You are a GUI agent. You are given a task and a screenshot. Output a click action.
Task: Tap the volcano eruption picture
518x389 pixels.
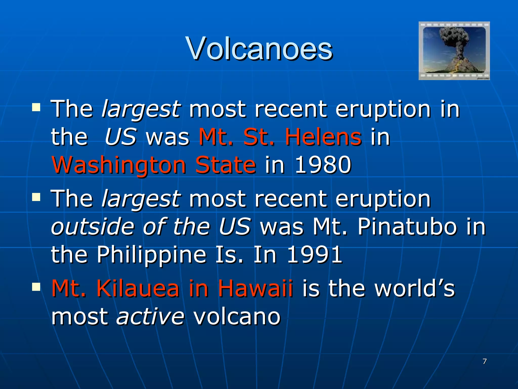pos(454,51)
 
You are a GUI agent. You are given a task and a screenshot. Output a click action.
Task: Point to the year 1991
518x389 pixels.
pos(315,254)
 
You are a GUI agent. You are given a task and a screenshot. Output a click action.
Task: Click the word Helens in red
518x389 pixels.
pos(323,137)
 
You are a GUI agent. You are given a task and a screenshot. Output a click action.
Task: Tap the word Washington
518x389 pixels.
pos(119,165)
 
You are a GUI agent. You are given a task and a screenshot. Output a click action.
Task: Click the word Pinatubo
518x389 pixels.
pos(407,226)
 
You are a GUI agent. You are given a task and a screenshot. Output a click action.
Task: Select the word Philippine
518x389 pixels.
pos(152,255)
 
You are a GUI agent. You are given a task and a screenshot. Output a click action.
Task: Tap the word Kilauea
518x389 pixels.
pos(138,288)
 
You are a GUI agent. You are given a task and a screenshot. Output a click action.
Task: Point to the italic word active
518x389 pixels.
pos(150,316)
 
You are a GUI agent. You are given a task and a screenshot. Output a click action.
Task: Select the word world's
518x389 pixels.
pos(415,288)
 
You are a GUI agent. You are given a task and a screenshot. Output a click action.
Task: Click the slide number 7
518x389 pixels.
pos(485,361)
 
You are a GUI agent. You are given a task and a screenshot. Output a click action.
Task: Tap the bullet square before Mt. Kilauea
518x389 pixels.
pos(36,287)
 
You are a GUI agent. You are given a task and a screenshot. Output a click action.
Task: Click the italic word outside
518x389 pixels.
pos(93,226)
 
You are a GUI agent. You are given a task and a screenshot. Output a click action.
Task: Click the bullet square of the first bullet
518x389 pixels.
pos(36,107)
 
